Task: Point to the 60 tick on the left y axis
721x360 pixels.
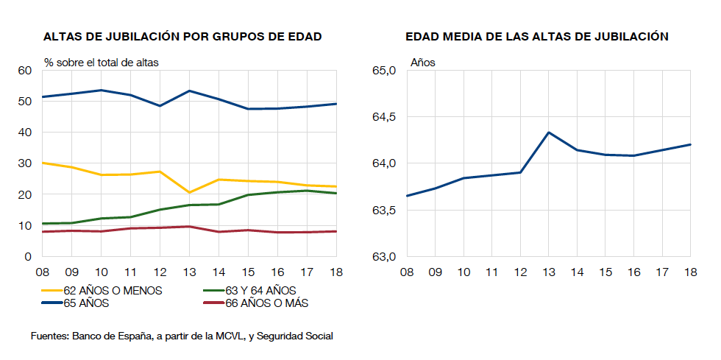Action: click(25, 71)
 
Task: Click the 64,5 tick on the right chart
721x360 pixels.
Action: click(384, 117)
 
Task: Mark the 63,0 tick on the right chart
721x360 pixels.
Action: click(384, 257)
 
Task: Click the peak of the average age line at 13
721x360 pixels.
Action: click(548, 133)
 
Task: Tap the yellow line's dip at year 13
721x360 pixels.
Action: click(190, 192)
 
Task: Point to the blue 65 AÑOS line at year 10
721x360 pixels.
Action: click(102, 90)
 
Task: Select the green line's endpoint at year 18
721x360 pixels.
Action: click(336, 193)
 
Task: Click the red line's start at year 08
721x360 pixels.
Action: click(43, 232)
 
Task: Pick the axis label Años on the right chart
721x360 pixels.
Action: click(422, 63)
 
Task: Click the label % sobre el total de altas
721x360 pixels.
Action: click(101, 63)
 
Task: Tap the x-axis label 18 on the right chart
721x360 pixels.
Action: click(690, 272)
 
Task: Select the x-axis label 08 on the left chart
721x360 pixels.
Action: click(43, 272)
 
